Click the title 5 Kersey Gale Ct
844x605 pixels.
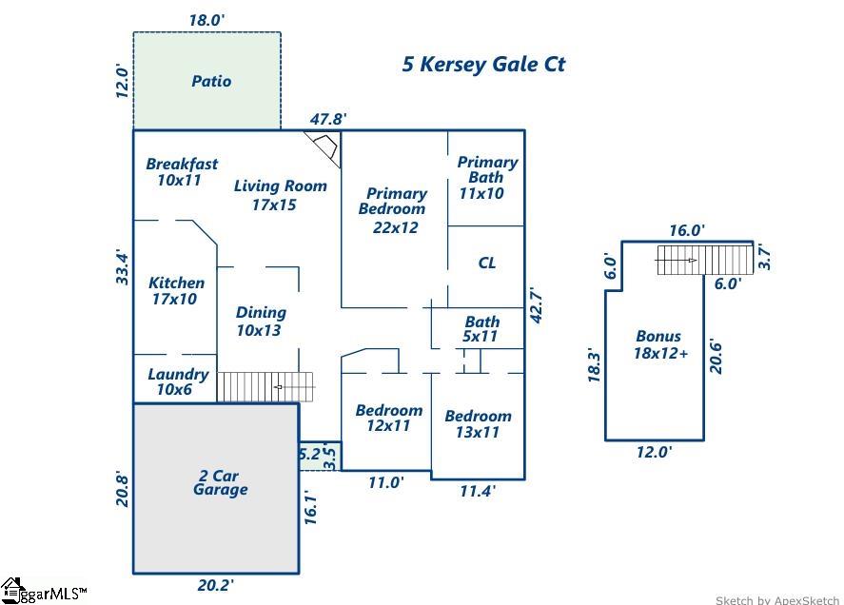tap(483, 65)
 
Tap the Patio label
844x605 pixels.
tap(211, 81)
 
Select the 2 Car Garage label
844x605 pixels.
tap(220, 482)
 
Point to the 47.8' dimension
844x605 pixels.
tap(328, 119)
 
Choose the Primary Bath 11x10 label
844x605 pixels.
tap(486, 177)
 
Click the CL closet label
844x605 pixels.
tap(486, 263)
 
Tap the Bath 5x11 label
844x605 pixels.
tap(481, 328)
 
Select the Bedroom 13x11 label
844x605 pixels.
tap(478, 423)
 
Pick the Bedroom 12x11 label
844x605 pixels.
tap(388, 418)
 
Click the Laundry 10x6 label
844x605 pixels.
tap(178, 381)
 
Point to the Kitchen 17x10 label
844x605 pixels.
tap(176, 290)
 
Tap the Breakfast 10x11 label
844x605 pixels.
tap(181, 171)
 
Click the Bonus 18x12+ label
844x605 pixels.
tap(658, 343)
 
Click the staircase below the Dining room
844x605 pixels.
tap(265, 386)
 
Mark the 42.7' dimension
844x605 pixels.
tap(536, 305)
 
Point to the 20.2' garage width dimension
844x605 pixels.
tap(216, 585)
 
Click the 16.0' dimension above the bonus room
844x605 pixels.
tap(686, 230)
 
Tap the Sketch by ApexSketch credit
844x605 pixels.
tap(777, 599)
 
